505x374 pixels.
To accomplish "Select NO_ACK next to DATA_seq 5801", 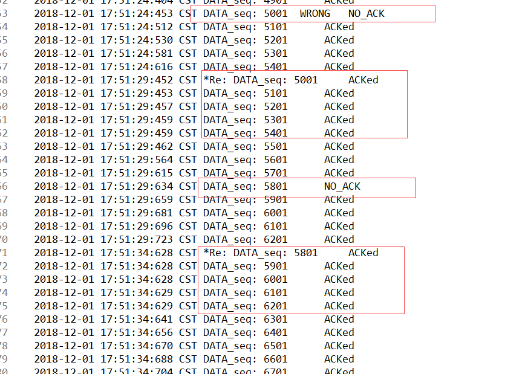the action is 342,186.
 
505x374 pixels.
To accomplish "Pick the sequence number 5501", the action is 275,146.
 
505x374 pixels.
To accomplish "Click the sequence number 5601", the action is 275,160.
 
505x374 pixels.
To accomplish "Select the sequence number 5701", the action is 275,173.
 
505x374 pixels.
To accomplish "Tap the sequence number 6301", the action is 275,319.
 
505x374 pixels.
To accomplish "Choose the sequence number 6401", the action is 275,332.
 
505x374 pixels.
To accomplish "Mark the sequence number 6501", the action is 275,346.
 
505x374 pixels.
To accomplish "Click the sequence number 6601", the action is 275,359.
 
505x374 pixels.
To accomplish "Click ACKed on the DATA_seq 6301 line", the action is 339,319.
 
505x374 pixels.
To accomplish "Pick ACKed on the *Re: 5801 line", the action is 363,253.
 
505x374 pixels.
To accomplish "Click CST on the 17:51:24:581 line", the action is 187,53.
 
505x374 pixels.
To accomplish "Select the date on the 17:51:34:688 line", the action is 64,359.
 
